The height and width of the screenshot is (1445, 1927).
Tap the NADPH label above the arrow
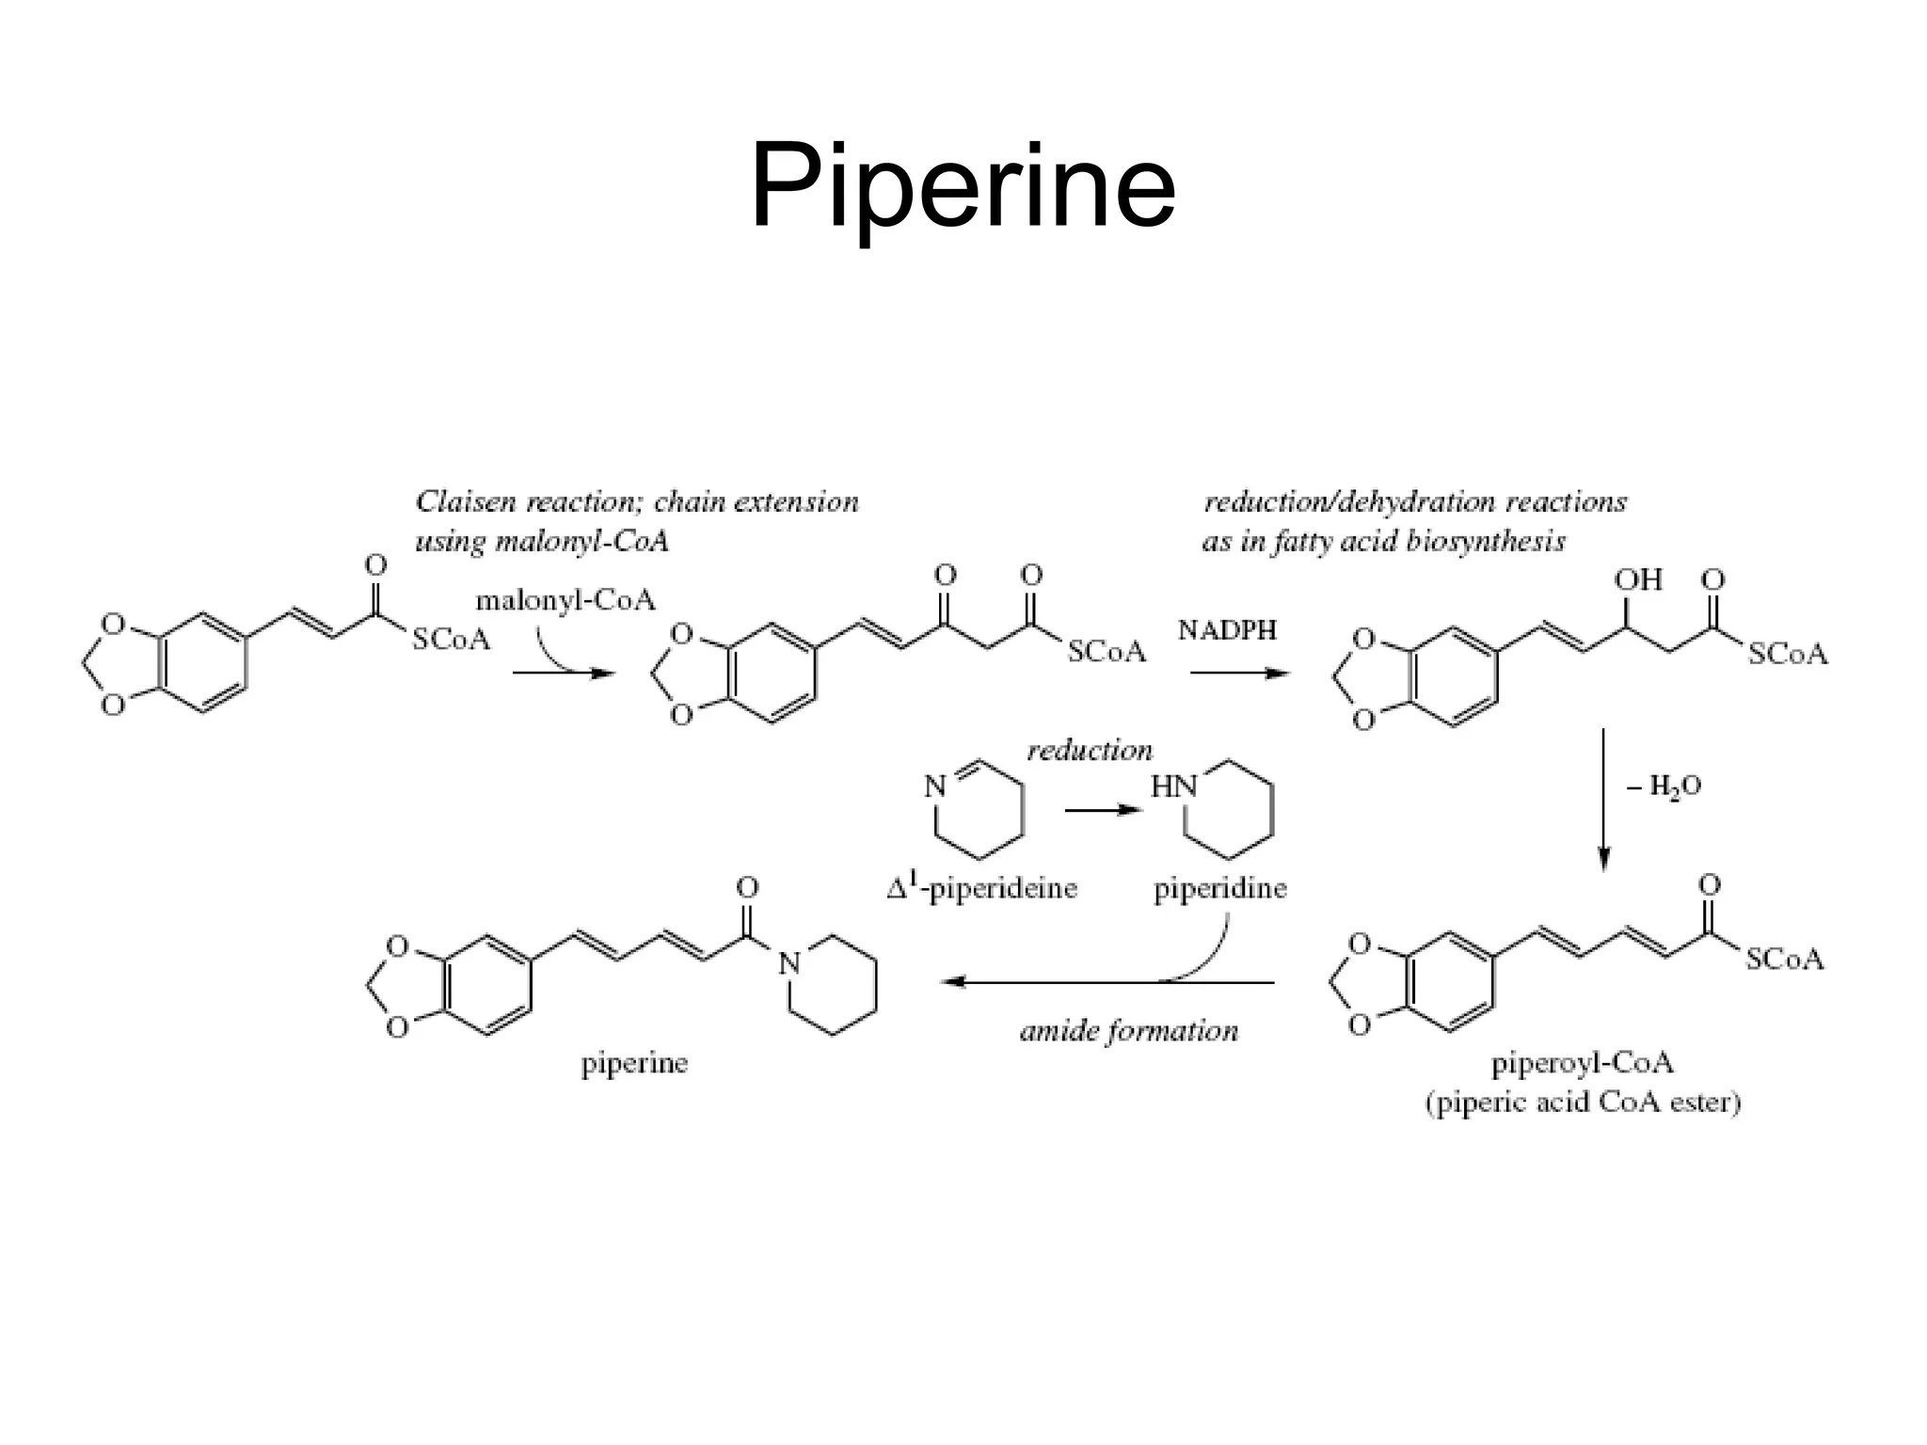[x=1227, y=630]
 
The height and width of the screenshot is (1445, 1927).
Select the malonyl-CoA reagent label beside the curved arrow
[x=565, y=600]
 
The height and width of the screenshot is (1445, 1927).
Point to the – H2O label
[x=1664, y=786]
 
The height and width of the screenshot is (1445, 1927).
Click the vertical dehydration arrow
[x=1604, y=800]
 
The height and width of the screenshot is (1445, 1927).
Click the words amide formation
[x=1129, y=1032]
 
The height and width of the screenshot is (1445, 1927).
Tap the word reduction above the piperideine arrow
[x=1090, y=751]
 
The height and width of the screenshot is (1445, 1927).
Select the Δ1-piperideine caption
[x=981, y=887]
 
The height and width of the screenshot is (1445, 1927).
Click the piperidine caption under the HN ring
[x=1220, y=888]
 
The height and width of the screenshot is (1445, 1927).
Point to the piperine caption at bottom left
[x=634, y=1064]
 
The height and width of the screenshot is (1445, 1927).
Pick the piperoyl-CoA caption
[x=1583, y=1063]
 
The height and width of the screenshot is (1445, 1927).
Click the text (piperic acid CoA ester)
[x=1583, y=1102]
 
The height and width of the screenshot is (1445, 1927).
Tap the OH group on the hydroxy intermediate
[x=1638, y=580]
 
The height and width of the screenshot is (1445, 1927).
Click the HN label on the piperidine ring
[x=1173, y=786]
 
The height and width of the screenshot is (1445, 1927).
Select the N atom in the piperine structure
[x=789, y=962]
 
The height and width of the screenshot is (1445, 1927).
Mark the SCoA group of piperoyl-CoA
[x=1784, y=960]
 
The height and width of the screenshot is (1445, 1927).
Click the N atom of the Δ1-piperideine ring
[x=934, y=786]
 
